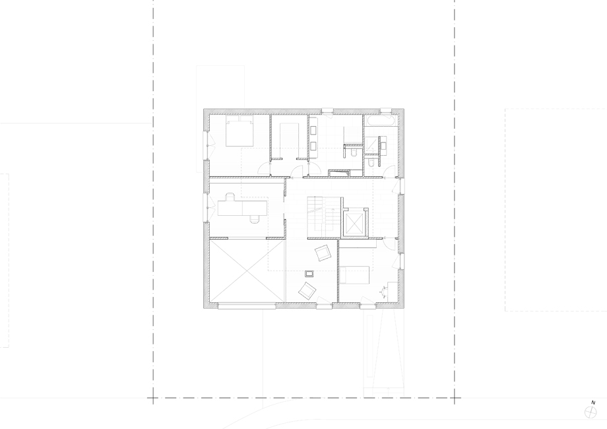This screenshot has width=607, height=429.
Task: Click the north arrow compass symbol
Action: click(x=591, y=412)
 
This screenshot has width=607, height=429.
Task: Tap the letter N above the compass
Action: click(x=593, y=403)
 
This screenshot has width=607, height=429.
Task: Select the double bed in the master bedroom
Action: click(x=240, y=131)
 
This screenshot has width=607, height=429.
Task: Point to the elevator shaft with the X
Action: click(x=354, y=224)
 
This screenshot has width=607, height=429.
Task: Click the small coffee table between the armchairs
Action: click(x=309, y=274)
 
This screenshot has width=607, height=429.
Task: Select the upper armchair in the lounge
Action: click(x=323, y=253)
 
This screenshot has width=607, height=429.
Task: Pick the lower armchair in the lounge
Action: click(x=307, y=290)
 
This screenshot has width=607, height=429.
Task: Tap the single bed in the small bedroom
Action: click(x=354, y=275)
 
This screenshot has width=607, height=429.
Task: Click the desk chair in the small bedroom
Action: click(x=384, y=291)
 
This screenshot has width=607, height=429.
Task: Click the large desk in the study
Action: click(x=243, y=207)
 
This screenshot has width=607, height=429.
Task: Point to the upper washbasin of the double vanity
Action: click(x=313, y=131)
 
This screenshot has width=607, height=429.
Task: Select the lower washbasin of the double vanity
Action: click(x=313, y=146)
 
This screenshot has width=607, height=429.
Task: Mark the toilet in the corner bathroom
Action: click(x=371, y=162)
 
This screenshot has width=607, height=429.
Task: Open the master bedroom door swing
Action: click(x=265, y=168)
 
